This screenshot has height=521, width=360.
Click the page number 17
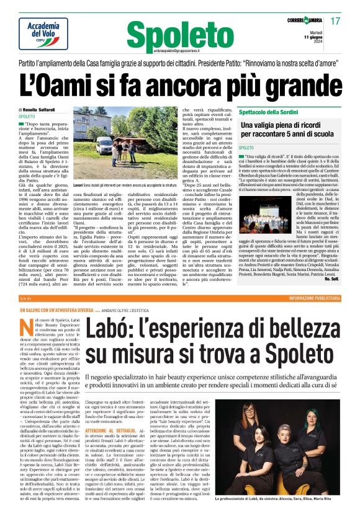336,22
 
